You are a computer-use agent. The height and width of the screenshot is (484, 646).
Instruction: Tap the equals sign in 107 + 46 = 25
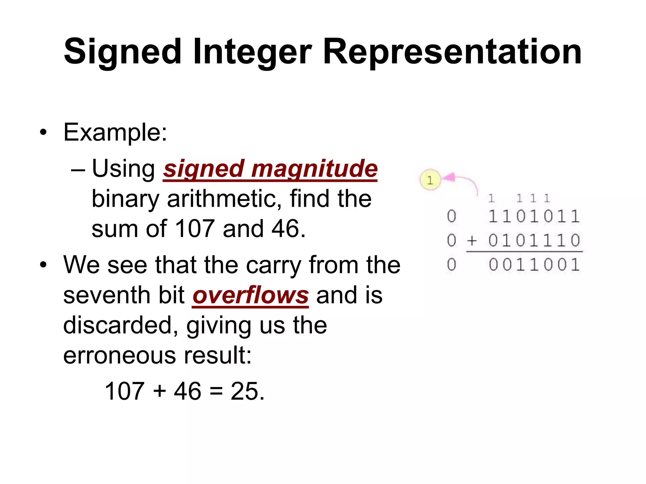[216, 391]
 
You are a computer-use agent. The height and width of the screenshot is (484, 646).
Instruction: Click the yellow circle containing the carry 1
[430, 180]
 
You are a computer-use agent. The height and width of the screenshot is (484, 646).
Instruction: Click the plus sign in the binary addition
[472, 241]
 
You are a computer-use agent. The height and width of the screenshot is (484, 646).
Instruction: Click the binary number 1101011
[534, 216]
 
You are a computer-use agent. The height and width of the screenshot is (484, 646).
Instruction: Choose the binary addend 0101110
[534, 241]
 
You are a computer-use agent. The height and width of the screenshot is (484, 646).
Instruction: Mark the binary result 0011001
[534, 265]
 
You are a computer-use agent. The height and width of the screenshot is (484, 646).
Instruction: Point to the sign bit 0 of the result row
[452, 265]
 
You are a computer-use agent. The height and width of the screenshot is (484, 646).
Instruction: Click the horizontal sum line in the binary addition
[524, 251]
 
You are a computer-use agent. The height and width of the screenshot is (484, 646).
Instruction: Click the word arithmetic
[225, 199]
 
